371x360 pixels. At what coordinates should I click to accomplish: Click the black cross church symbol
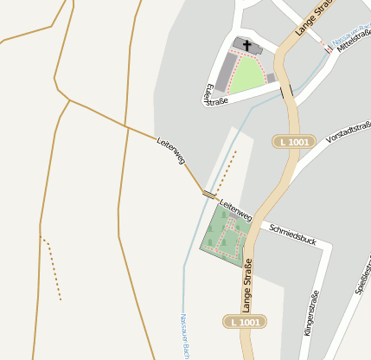[246, 45]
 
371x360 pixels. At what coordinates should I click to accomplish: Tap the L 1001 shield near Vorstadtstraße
[294, 141]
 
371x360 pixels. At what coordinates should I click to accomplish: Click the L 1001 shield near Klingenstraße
[244, 322]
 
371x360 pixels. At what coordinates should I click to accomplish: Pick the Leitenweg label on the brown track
[171, 149]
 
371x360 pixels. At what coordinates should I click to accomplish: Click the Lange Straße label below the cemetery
[247, 286]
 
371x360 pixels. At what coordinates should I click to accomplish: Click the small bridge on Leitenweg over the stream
[208, 194]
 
